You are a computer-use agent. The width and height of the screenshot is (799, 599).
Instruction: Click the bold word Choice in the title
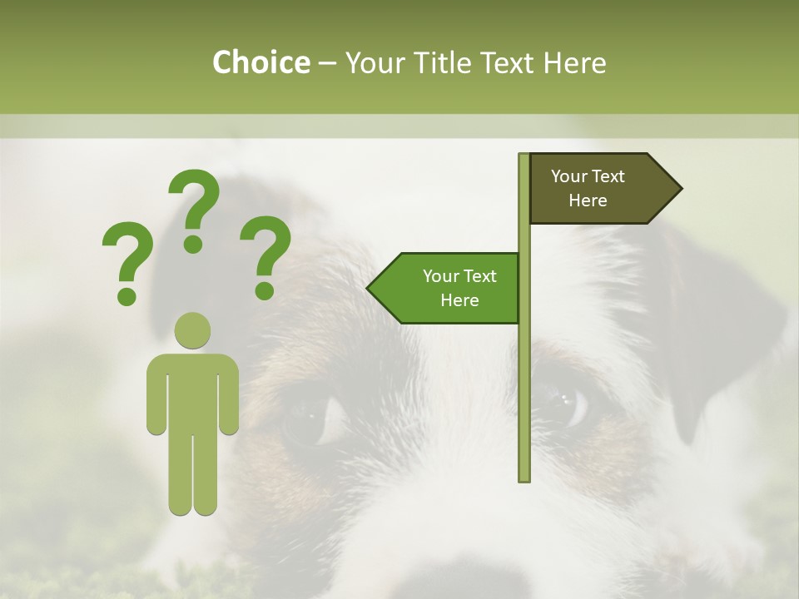261,62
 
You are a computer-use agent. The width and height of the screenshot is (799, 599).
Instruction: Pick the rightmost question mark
266,256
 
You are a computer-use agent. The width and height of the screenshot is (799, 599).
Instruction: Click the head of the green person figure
193,330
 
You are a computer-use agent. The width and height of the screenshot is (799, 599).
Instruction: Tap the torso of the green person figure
193,391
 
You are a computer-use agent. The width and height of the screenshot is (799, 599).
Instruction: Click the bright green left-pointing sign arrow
449,288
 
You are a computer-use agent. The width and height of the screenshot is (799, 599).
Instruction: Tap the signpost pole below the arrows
524,399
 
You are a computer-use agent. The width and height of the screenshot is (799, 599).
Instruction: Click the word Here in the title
575,62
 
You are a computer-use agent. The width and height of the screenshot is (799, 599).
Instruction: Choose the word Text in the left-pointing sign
479,276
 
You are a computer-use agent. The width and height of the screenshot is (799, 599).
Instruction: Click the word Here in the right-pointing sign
588,200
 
